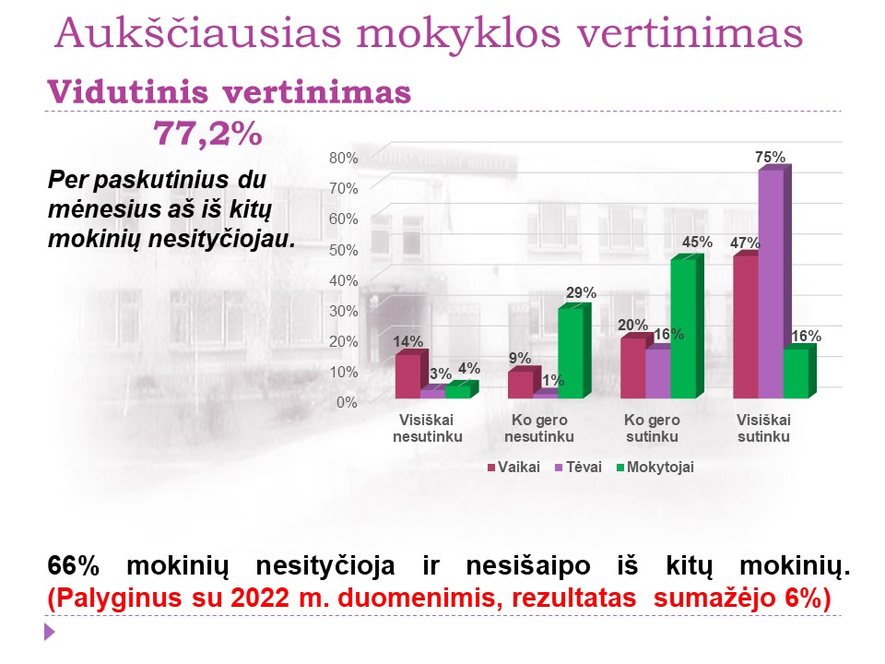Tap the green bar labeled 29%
[574, 350]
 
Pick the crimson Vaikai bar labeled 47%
[746, 326]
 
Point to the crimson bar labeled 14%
[408, 375]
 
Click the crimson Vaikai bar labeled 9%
[521, 384]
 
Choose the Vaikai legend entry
[513, 467]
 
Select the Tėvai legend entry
[579, 467]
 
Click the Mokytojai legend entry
[655, 467]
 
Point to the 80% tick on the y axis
[344, 158]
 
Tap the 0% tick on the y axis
[347, 402]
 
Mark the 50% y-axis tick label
[344, 250]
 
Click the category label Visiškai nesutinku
[427, 428]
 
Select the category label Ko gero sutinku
[652, 428]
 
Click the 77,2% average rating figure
[207, 135]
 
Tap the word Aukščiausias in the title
[198, 33]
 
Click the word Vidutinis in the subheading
[128, 92]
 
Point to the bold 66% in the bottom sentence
[74, 565]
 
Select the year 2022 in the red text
[260, 598]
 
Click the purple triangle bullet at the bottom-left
[50, 631]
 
